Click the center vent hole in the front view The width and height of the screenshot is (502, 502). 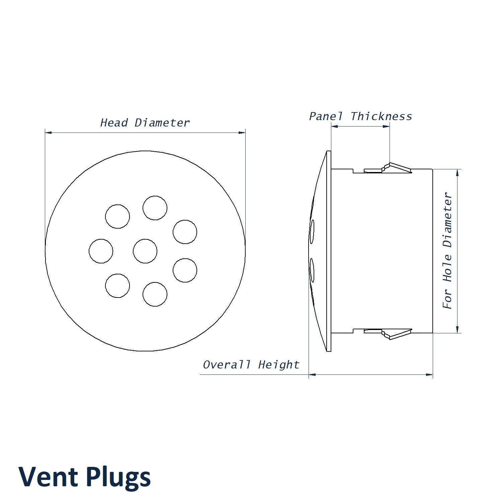coord(145,251)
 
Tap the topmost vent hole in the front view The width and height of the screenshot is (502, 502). coord(155,208)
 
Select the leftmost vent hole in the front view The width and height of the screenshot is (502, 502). coord(101,251)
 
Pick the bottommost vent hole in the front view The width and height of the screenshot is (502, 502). coord(155,294)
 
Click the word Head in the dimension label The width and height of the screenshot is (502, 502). coord(114,123)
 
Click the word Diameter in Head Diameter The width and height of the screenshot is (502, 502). coord(162,123)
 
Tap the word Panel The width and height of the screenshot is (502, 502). coord(326,116)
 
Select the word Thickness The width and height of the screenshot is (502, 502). coord(382,116)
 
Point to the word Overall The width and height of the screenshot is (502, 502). coord(227,364)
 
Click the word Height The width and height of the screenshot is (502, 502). coord(279,364)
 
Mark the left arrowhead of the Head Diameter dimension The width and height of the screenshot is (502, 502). coord(48,133)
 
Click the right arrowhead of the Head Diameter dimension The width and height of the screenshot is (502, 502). coord(242,133)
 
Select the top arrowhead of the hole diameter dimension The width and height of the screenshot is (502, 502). coord(457,172)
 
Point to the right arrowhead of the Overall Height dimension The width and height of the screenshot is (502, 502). coord(430,374)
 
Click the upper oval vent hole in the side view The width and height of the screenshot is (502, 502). coord(312,232)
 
